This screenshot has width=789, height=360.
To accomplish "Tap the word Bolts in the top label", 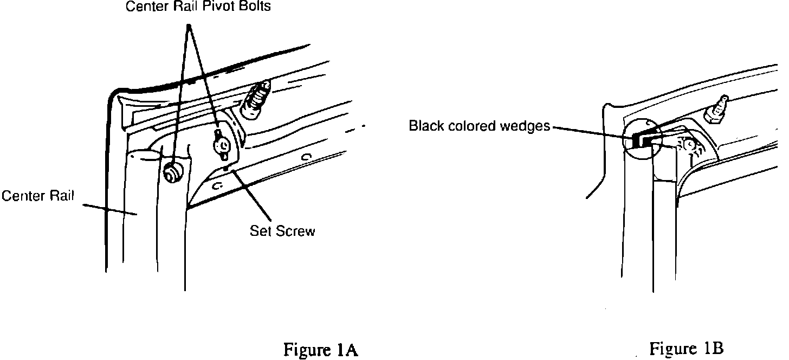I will (x=256, y=7).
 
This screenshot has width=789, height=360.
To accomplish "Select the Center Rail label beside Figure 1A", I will (x=37, y=196).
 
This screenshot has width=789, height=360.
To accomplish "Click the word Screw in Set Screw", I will (x=296, y=231).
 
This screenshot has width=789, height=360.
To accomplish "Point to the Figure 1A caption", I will (x=321, y=350).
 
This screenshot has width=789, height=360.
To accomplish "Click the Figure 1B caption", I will (x=687, y=348).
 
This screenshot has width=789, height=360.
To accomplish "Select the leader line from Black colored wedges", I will (x=591, y=132).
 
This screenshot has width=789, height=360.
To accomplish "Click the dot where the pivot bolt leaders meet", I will (x=189, y=26).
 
